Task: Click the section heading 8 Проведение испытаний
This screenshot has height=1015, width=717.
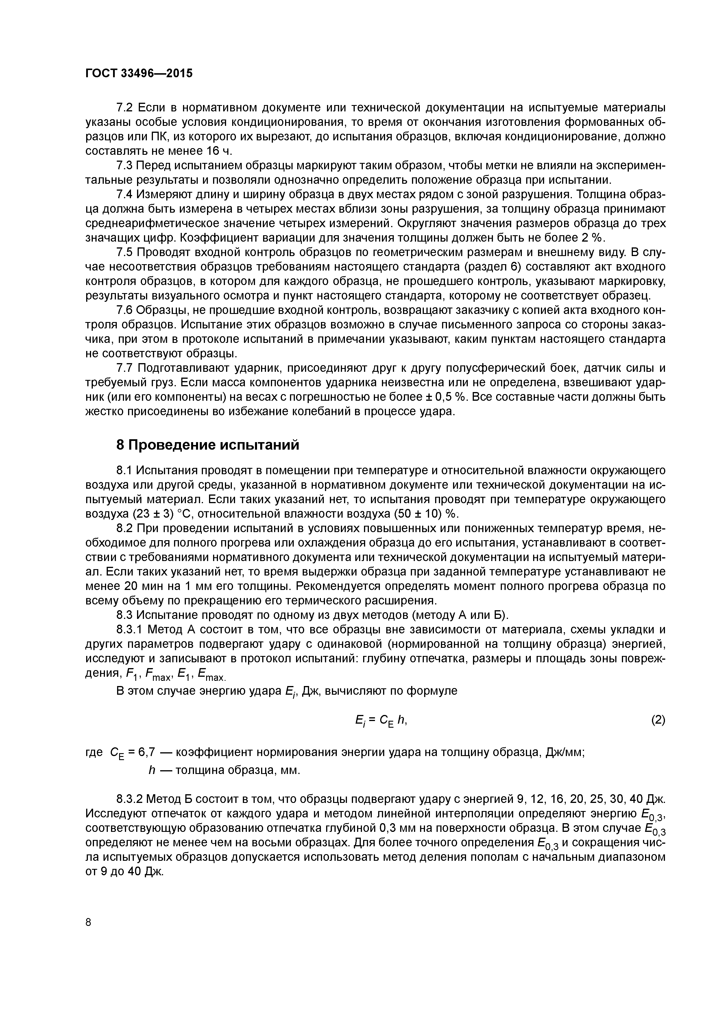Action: pos(208,445)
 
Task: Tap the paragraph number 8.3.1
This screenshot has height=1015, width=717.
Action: pos(129,630)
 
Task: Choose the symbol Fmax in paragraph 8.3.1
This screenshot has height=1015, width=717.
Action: pos(157,674)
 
